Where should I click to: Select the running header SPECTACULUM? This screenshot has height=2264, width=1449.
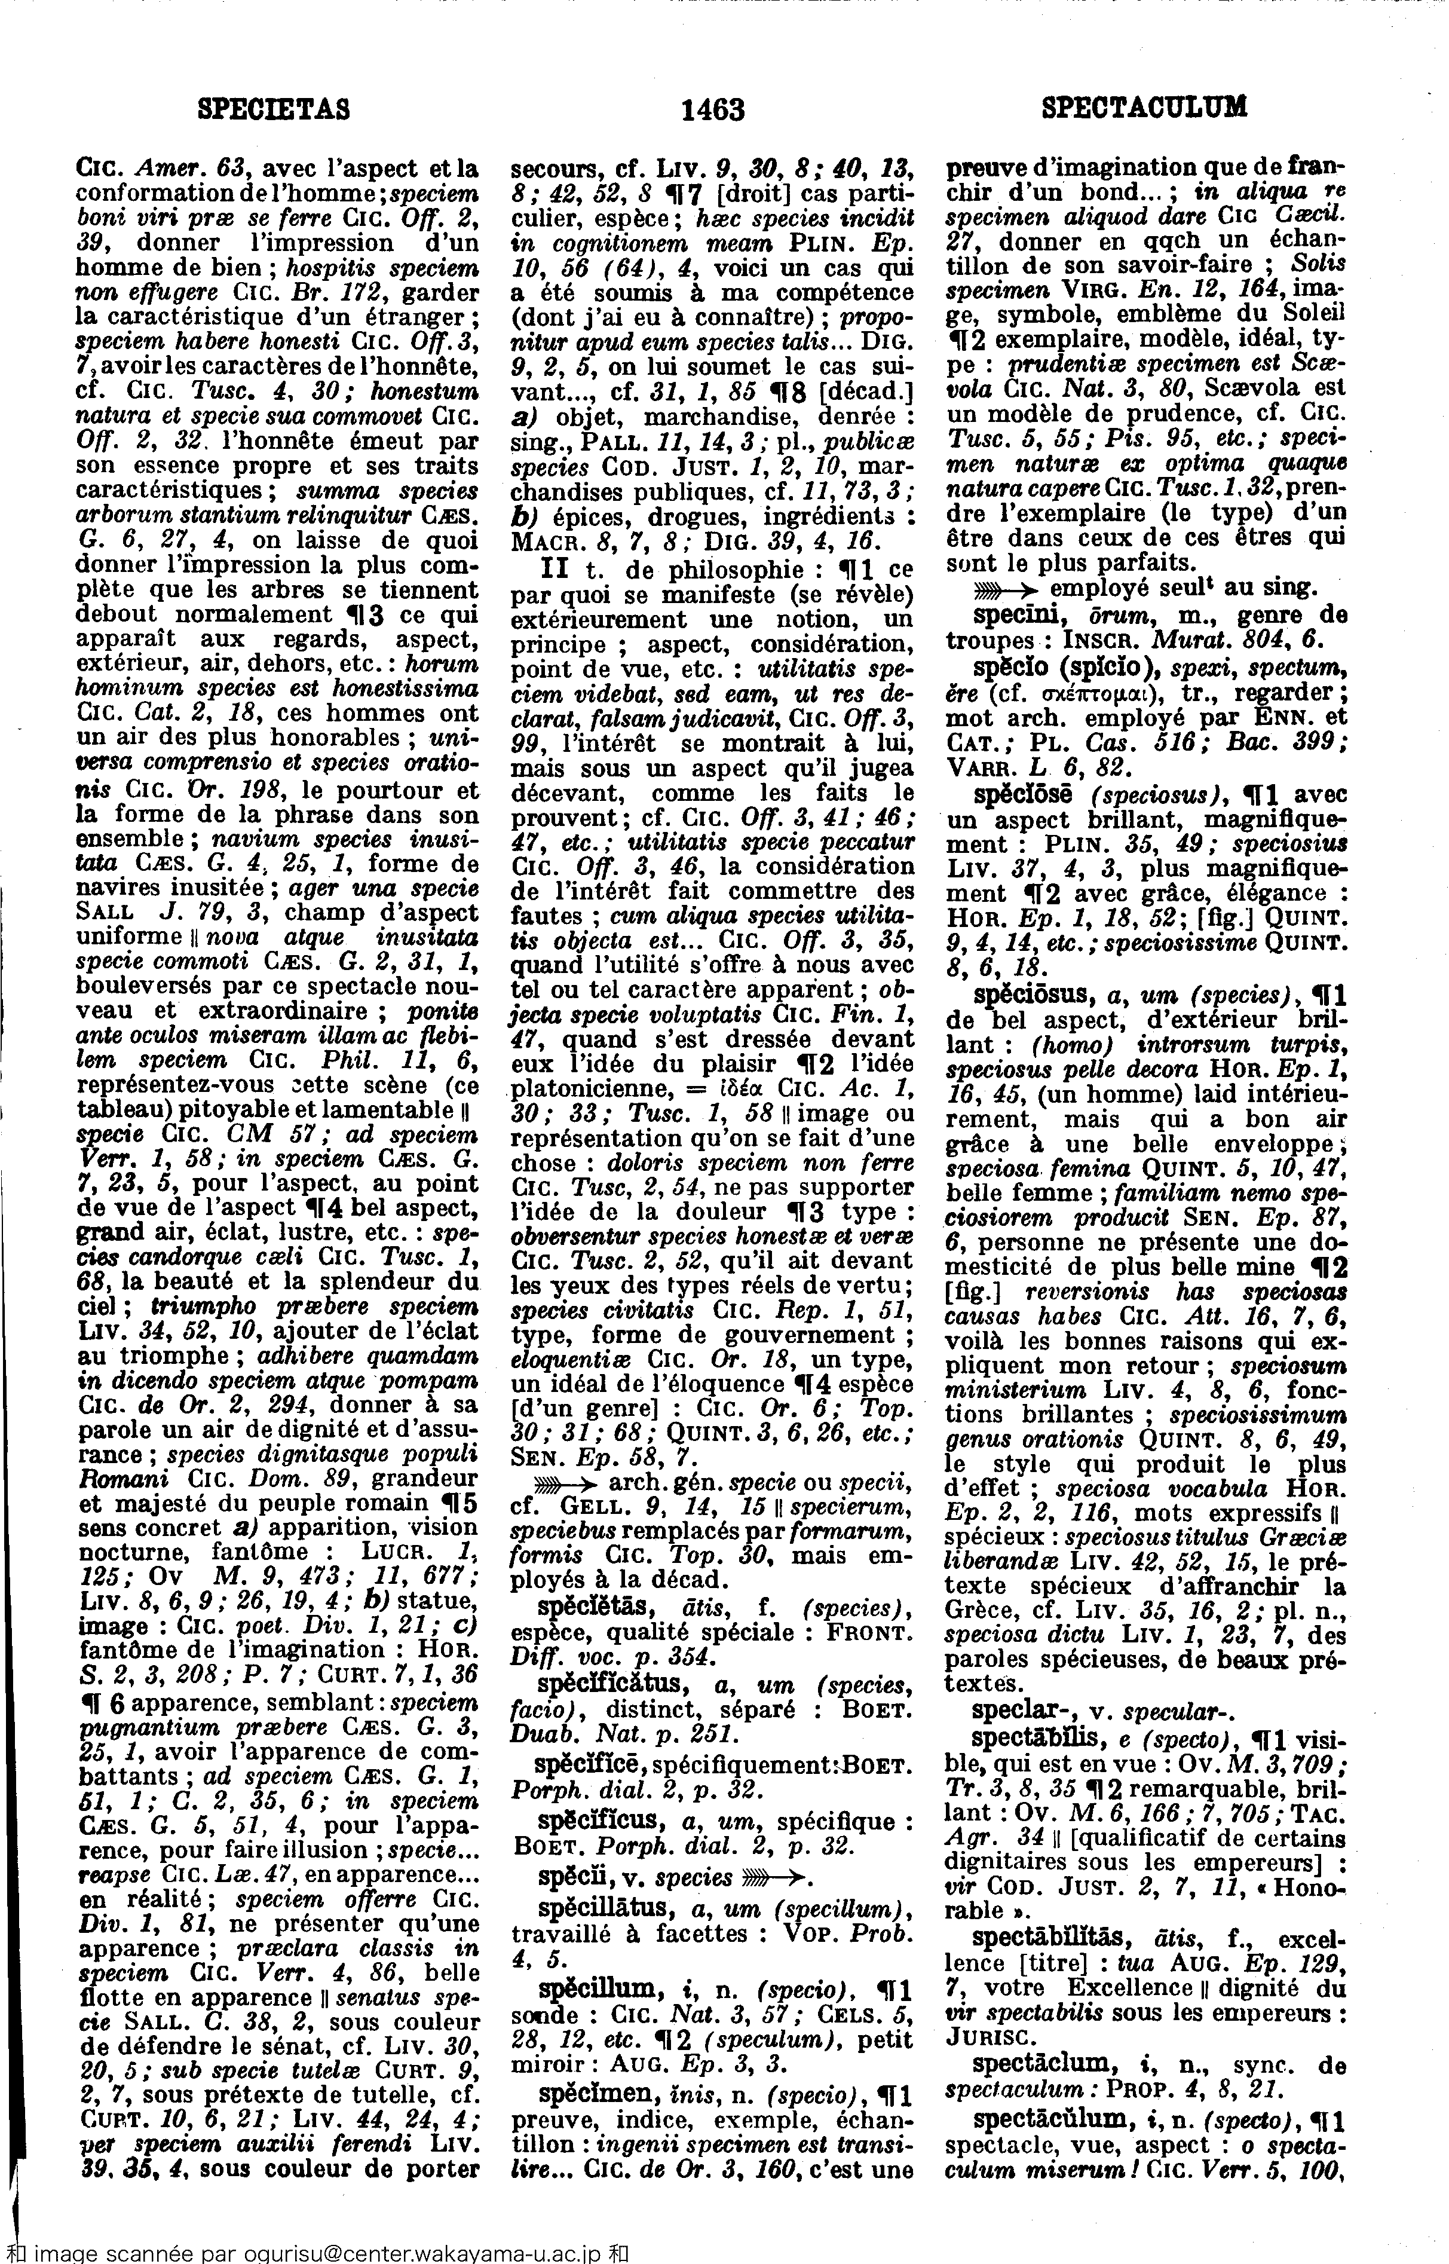(1144, 106)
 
